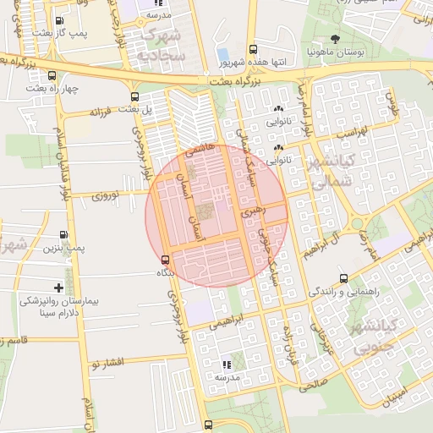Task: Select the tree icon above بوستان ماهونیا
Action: tap(337, 39)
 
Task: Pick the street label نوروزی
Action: tap(107, 194)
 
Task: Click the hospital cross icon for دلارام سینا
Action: tap(58, 288)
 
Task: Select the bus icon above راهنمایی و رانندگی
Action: tap(343, 277)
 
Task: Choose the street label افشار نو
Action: tap(108, 362)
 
